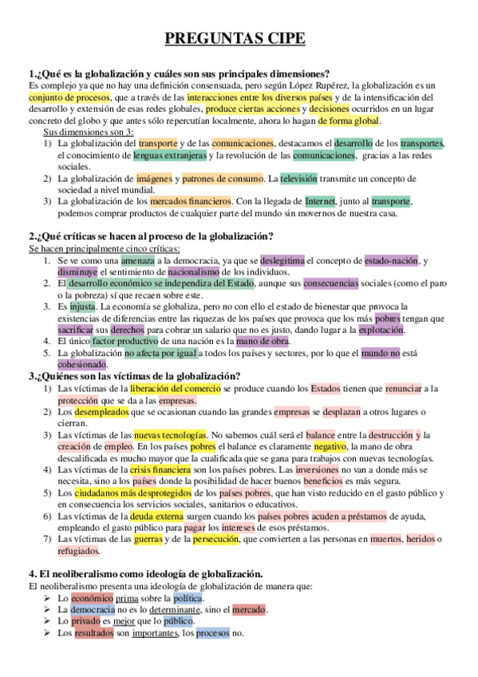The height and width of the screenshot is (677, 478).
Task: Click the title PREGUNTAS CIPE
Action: point(239,38)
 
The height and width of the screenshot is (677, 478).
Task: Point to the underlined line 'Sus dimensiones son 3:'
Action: point(89,131)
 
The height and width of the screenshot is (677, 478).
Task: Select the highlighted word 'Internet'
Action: point(320,201)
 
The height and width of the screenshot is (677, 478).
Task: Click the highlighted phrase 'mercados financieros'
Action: point(191,201)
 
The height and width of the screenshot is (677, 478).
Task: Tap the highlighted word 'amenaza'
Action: point(138,260)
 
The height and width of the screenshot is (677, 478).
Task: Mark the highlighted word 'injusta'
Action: point(82,306)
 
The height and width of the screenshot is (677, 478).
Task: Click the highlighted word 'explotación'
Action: point(381,329)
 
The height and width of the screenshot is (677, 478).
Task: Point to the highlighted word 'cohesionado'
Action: point(82,364)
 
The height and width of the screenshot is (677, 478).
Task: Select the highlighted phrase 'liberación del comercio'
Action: point(171,388)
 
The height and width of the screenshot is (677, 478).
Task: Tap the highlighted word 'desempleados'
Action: point(102,412)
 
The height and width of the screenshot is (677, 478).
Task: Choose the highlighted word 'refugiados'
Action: point(78,552)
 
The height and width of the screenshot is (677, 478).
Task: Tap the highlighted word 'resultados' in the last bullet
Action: point(95,634)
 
